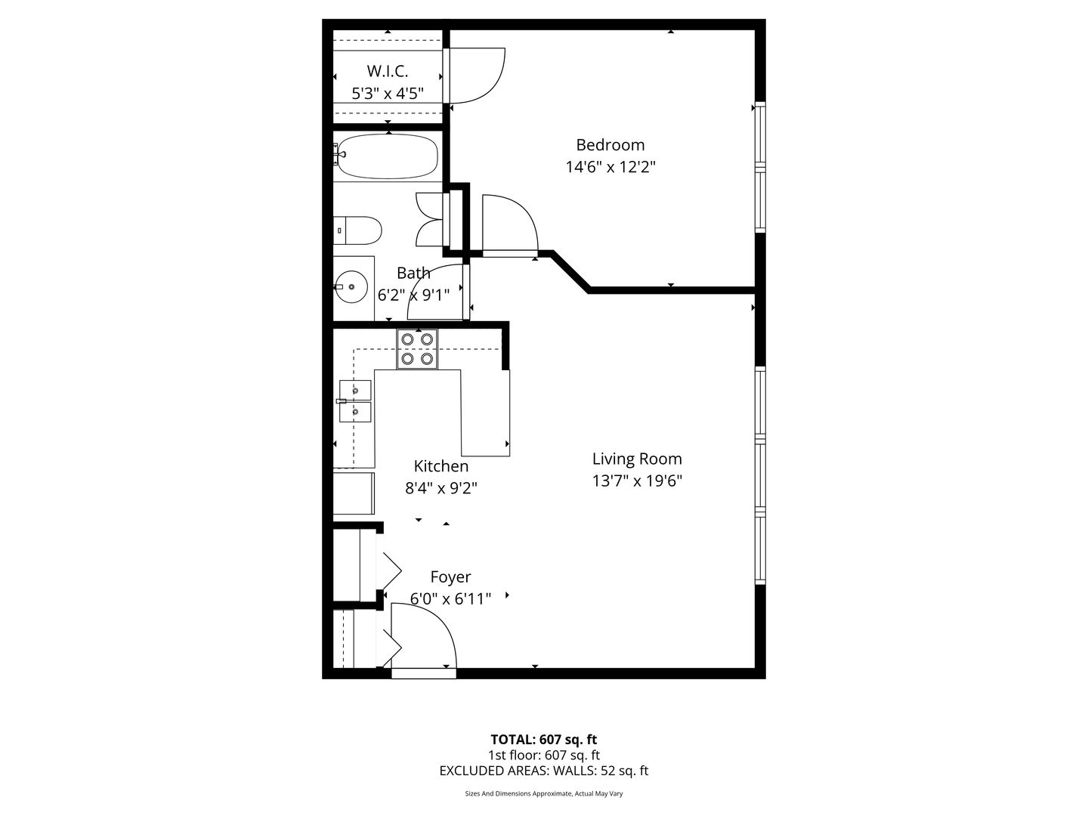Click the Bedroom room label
pyautogui.click(x=610, y=144)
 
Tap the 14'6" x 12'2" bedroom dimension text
pyautogui.click(x=610, y=167)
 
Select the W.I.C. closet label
pyautogui.click(x=387, y=71)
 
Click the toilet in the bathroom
pyautogui.click(x=357, y=230)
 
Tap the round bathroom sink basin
pyautogui.click(x=351, y=287)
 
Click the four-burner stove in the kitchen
pyautogui.click(x=417, y=349)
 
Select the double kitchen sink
pyautogui.click(x=355, y=400)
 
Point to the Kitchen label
pyautogui.click(x=440, y=466)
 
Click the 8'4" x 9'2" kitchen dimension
pyautogui.click(x=441, y=489)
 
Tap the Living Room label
pyautogui.click(x=637, y=459)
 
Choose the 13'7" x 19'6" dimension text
pyautogui.click(x=638, y=481)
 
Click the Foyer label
pyautogui.click(x=450, y=577)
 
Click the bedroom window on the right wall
pyautogui.click(x=760, y=167)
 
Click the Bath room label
pyautogui.click(x=413, y=273)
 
